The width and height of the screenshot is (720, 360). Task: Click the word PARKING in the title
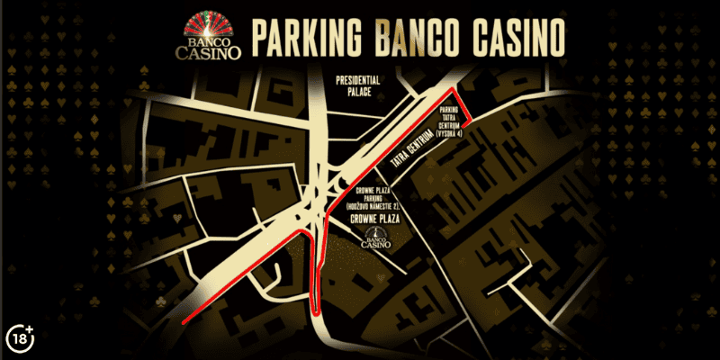click(x=306, y=37)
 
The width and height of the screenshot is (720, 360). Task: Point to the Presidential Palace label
click(x=358, y=85)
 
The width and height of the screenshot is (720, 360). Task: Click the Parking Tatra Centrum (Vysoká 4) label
click(x=449, y=121)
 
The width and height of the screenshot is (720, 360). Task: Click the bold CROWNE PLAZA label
click(x=376, y=219)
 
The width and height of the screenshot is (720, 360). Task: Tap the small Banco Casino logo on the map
click(x=375, y=238)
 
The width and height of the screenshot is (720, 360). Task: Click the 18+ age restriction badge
click(x=20, y=337)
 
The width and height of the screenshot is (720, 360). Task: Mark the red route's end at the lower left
click(x=183, y=321)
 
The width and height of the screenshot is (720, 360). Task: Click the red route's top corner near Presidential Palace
click(x=453, y=91)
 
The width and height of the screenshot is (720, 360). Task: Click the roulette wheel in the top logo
click(x=213, y=20)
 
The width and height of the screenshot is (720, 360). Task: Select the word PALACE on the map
click(x=358, y=91)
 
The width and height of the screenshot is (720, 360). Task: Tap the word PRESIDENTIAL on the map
click(x=358, y=79)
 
